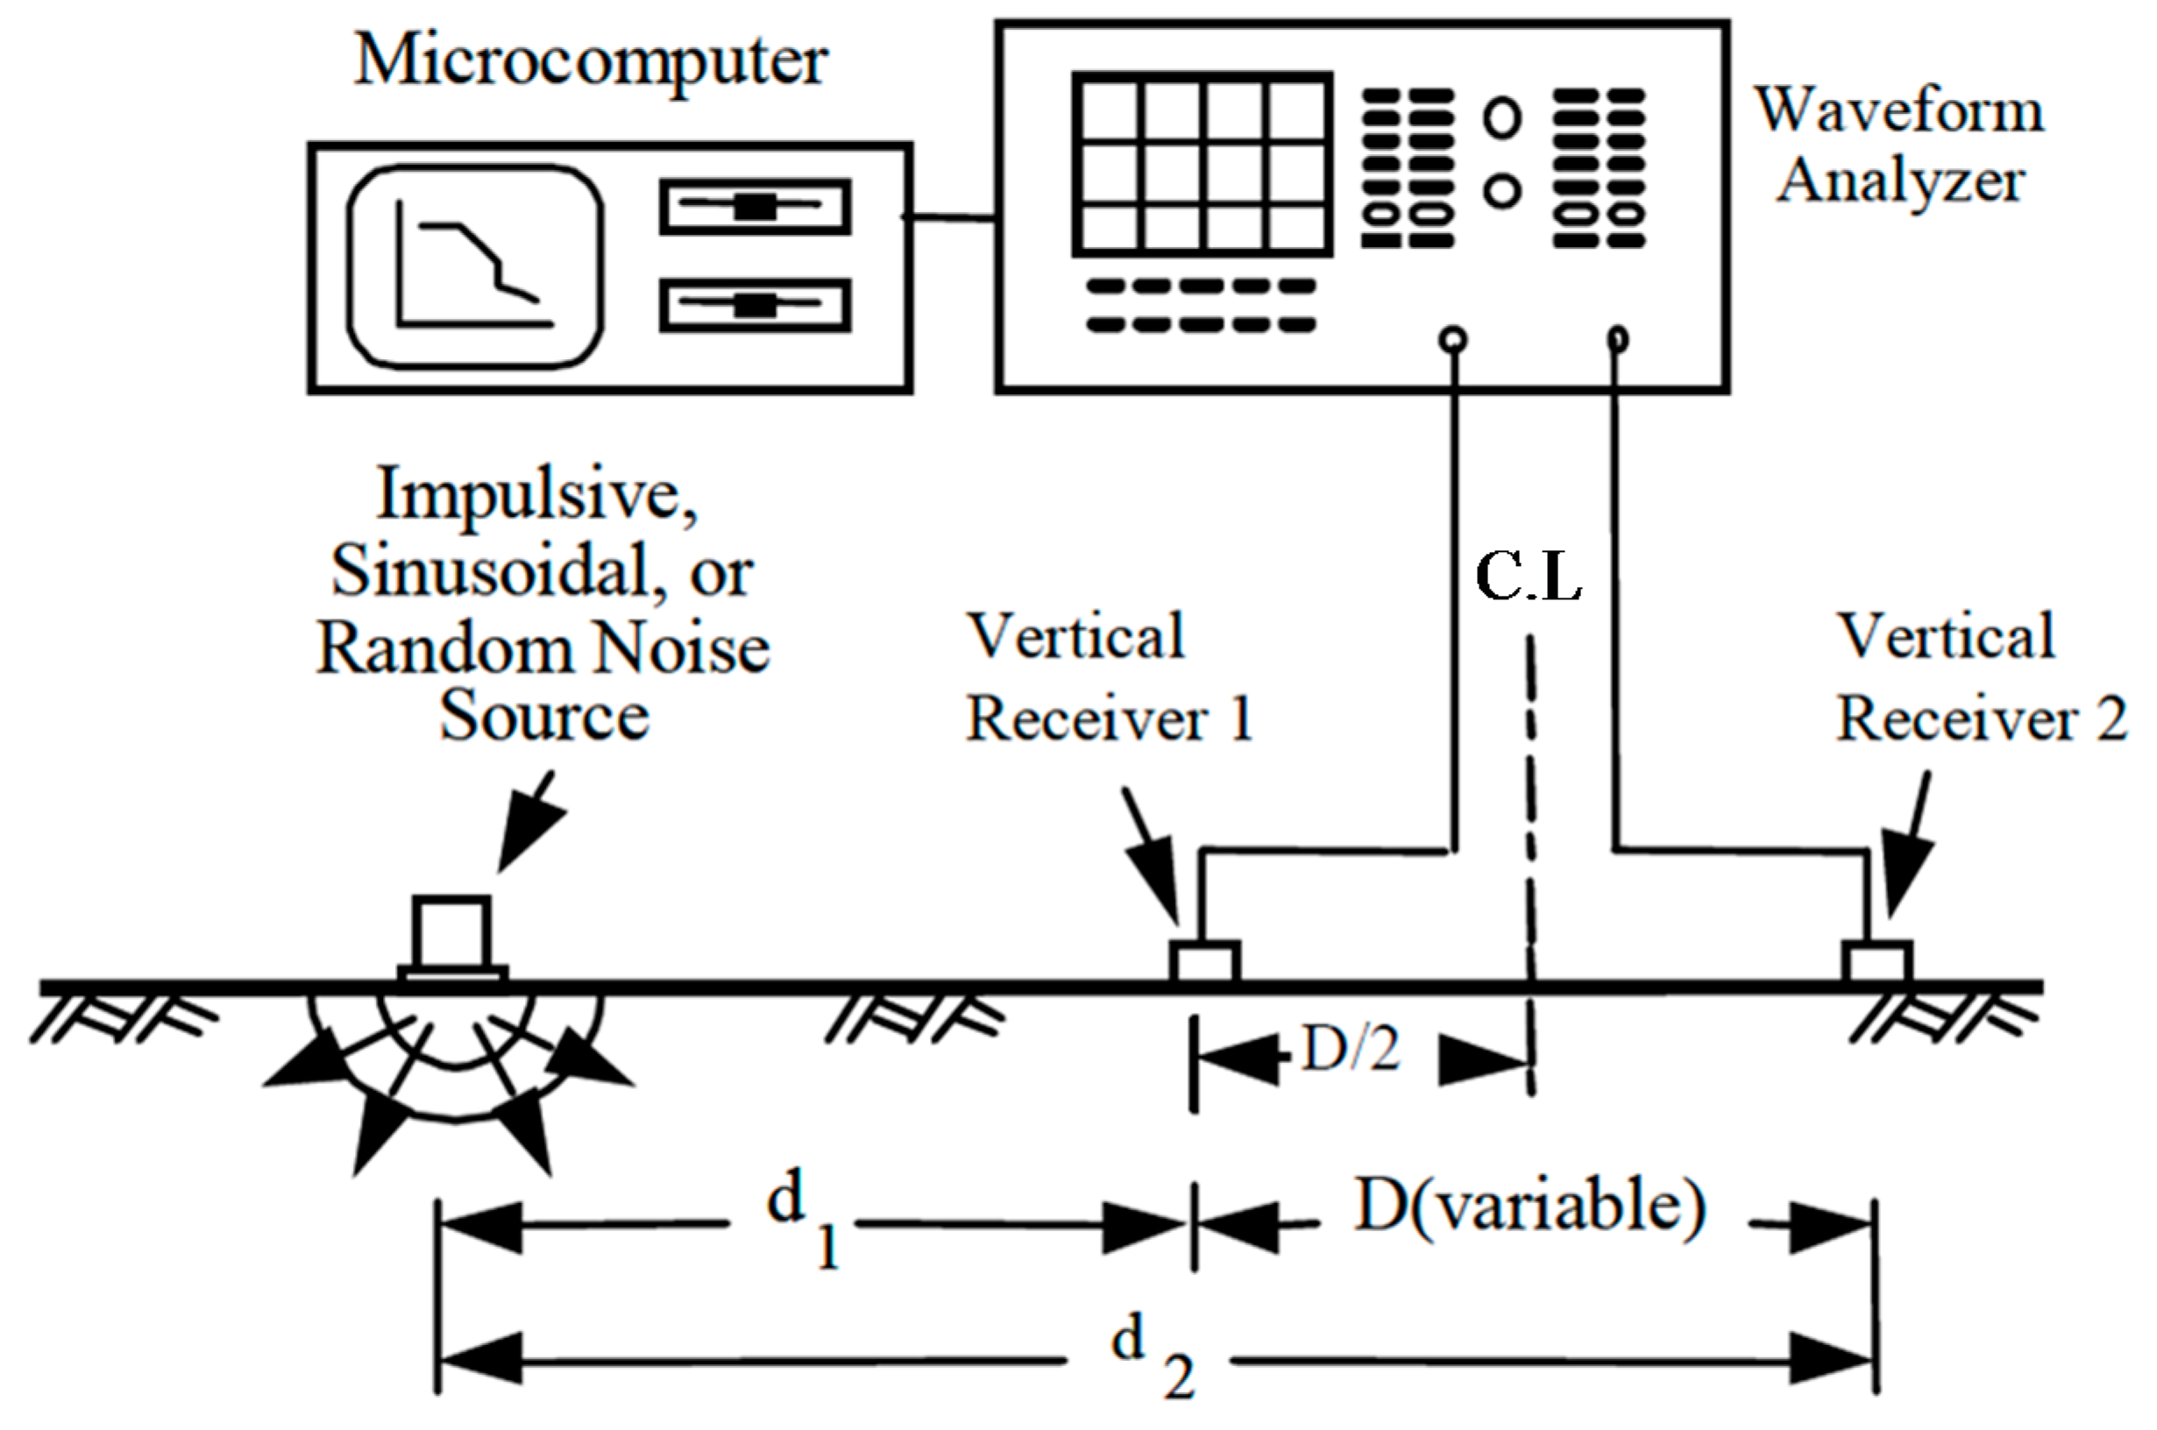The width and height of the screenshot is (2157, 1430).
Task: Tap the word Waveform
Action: click(x=1900, y=111)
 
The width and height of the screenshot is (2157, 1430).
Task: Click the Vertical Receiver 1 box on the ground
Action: click(x=1205, y=962)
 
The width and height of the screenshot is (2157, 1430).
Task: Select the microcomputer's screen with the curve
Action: click(x=474, y=267)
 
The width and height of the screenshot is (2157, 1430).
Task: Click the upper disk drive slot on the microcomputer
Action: click(x=756, y=207)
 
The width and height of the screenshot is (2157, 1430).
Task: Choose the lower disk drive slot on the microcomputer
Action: click(x=756, y=305)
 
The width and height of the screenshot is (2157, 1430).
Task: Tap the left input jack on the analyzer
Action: click(x=1453, y=340)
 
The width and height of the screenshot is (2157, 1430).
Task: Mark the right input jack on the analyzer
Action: click(x=1617, y=340)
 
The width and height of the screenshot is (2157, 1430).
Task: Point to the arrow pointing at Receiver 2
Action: click(x=1910, y=845)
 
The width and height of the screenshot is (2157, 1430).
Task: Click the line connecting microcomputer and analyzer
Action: click(x=949, y=217)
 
